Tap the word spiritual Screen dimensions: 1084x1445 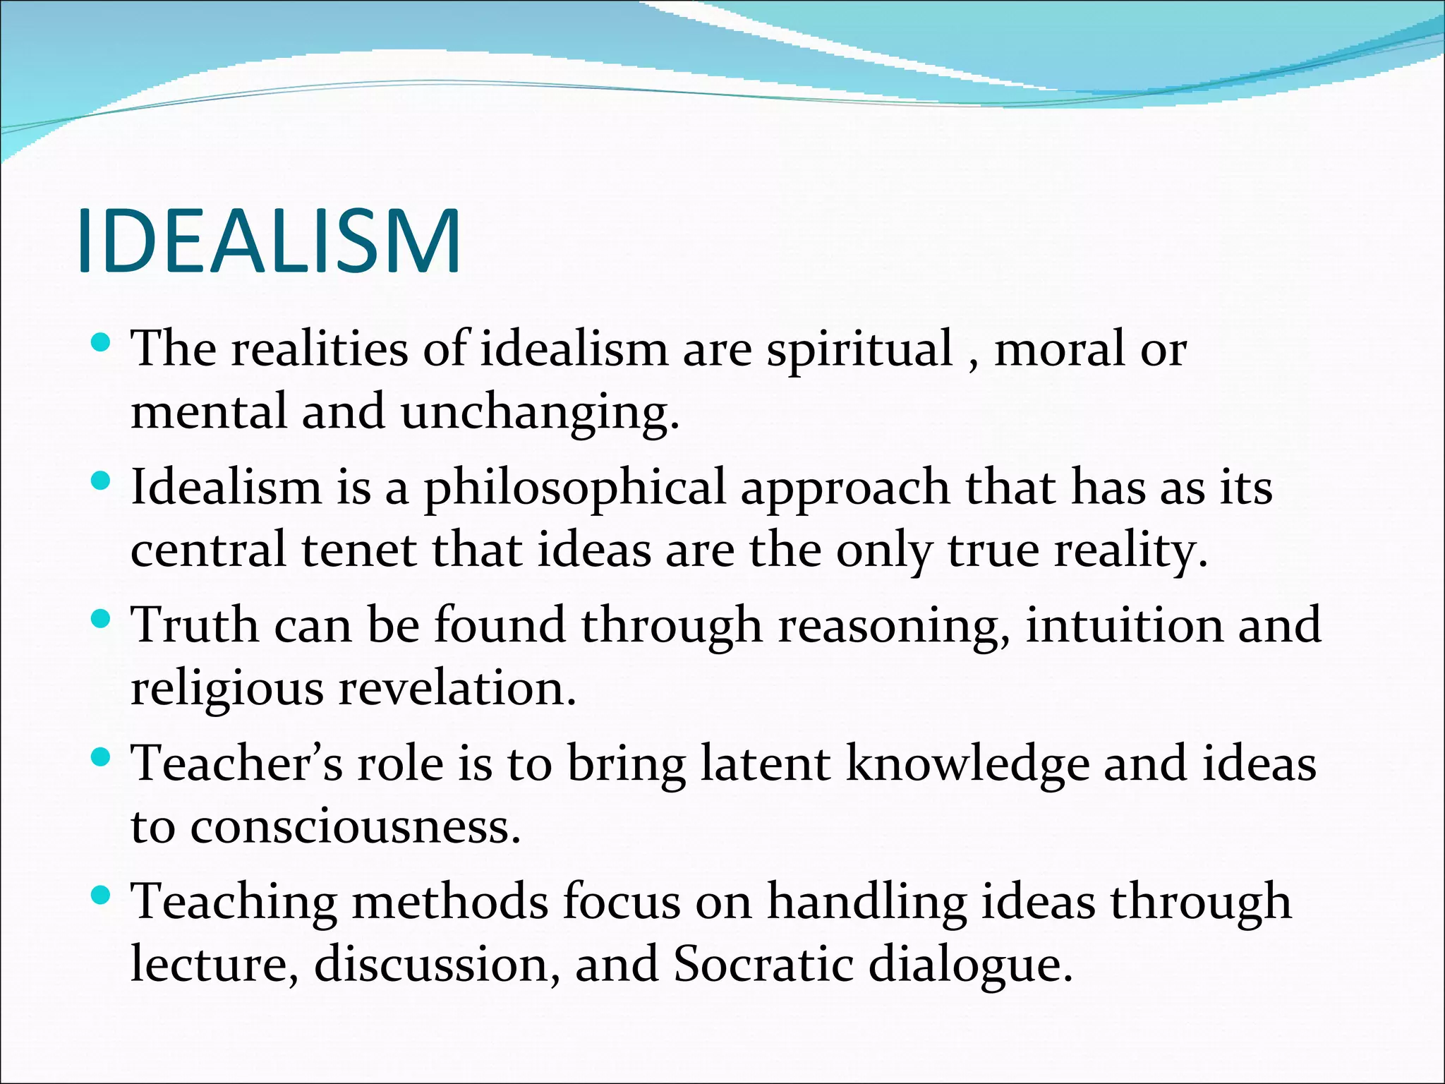coord(859,349)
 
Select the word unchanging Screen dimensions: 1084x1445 coord(540,412)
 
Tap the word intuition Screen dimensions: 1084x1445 coord(1124,625)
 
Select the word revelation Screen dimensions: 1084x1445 coord(457,688)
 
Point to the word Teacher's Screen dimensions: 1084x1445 coord(237,764)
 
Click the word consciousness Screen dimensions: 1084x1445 coord(356,826)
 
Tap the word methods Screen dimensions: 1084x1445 coord(449,902)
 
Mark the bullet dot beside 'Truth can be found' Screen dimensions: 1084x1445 coord(102,620)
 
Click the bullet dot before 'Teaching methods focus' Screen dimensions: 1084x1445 coord(102,897)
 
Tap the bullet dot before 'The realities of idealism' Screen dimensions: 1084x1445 coord(102,344)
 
